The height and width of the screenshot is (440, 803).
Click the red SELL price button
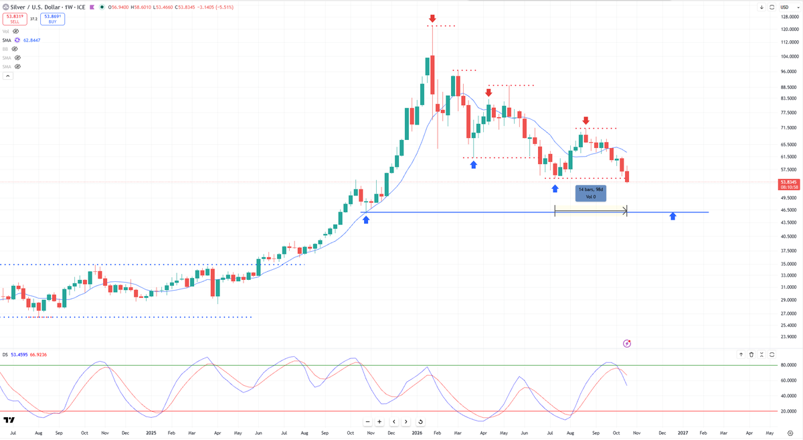pyautogui.click(x=15, y=19)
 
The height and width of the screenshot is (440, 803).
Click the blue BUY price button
pyautogui.click(x=52, y=19)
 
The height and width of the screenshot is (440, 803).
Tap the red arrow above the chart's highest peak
pyautogui.click(x=432, y=18)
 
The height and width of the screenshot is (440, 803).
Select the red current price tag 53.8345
pyautogui.click(x=789, y=182)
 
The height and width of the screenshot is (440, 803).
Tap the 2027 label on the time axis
pyautogui.click(x=683, y=433)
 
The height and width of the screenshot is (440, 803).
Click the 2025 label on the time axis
pyautogui.click(x=151, y=433)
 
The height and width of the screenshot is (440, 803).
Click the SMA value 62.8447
pyautogui.click(x=32, y=40)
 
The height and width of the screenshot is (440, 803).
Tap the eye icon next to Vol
pyautogui.click(x=16, y=31)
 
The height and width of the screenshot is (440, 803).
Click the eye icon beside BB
pyautogui.click(x=15, y=49)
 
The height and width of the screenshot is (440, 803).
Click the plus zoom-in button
pyautogui.click(x=379, y=422)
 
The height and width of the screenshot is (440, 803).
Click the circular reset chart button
pyautogui.click(x=420, y=422)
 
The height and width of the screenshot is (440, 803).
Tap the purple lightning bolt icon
pyautogui.click(x=627, y=344)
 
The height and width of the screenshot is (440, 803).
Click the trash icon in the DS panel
pyautogui.click(x=751, y=354)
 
